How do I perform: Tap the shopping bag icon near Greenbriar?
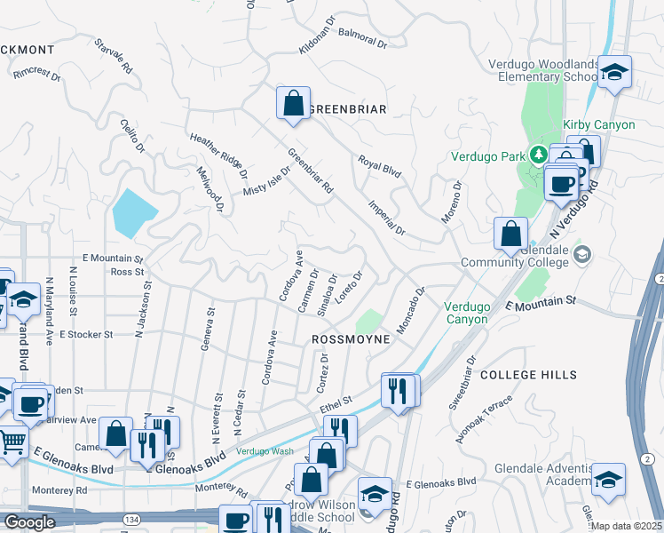pyautogui.click(x=292, y=103)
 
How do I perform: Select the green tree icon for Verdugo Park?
pyautogui.click(x=537, y=155)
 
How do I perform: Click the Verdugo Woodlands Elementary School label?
pyautogui.click(x=543, y=70)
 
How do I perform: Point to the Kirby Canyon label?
pyautogui.click(x=598, y=124)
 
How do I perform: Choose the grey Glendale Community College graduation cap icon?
pyautogui.click(x=582, y=256)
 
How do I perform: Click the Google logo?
pyautogui.click(x=29, y=522)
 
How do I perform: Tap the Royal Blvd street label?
pyautogui.click(x=380, y=166)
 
